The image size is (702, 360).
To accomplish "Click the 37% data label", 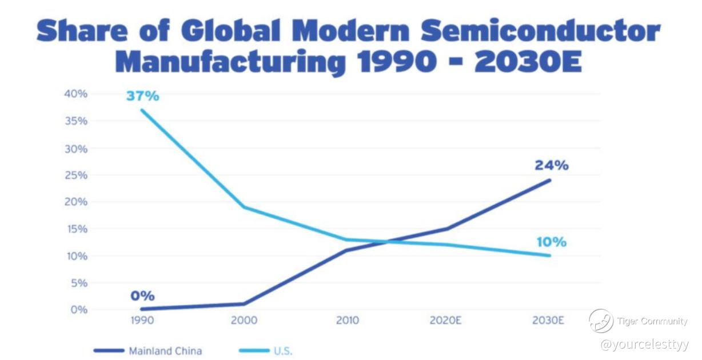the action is click(143, 96).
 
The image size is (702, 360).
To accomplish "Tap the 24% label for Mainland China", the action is click(552, 166).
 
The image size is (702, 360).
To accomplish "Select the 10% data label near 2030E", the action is click(552, 242).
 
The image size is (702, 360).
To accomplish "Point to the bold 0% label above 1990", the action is click(142, 296).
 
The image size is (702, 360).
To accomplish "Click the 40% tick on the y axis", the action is click(76, 94).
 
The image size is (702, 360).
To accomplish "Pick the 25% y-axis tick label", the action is click(76, 175).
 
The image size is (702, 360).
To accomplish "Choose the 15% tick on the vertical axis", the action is click(77, 229).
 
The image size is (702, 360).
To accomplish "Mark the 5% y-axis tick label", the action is click(79, 283).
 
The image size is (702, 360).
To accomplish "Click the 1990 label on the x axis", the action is click(142, 320).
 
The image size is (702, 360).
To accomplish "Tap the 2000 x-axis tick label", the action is click(244, 320).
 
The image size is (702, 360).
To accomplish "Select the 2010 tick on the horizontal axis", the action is click(347, 320).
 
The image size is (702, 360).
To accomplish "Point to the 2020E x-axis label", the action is click(445, 320).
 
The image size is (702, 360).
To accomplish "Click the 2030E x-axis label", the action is click(548, 320).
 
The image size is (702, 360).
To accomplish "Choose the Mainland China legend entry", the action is click(148, 351).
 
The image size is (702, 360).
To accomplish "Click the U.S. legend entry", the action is click(266, 351).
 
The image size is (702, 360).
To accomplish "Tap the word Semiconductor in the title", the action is click(540, 30).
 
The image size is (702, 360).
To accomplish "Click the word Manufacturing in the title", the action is click(230, 62).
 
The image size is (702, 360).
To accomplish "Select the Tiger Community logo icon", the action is click(601, 321).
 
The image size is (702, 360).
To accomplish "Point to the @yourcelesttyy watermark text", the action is click(644, 344).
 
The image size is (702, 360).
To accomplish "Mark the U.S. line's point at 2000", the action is click(244, 207).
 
